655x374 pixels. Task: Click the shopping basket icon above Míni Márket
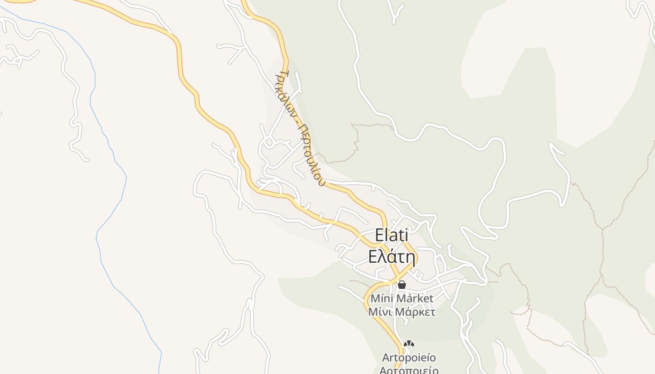401,284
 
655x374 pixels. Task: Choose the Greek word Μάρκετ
415,312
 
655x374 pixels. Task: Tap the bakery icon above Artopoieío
409,344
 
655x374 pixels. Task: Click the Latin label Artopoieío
409,358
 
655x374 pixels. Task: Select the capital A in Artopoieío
386,358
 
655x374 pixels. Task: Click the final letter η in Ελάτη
410,258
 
